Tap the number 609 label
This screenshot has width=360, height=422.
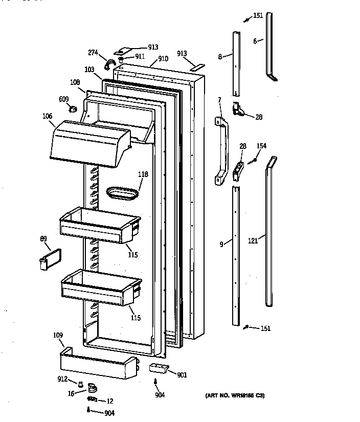click(64, 99)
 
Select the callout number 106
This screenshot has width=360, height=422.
click(47, 116)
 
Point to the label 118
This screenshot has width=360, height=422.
click(143, 174)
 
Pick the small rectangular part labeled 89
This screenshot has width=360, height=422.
click(50, 258)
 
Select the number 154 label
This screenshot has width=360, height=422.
click(261, 146)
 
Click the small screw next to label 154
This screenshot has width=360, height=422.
click(252, 162)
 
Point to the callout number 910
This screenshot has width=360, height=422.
click(163, 59)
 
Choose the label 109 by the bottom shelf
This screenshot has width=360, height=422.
click(58, 336)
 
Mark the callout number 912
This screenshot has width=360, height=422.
click(62, 379)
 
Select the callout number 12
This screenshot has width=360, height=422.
click(109, 401)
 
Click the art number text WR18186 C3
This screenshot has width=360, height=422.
click(235, 395)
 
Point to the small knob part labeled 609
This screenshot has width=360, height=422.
click(73, 108)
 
